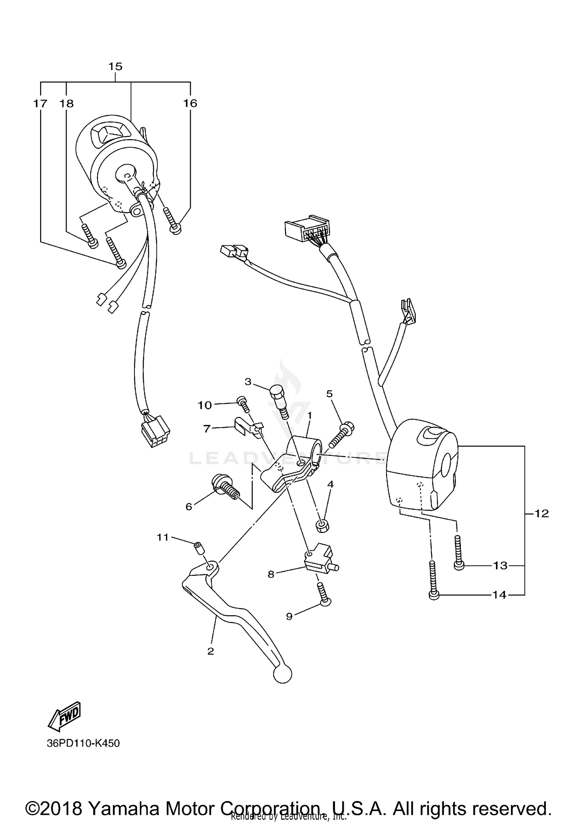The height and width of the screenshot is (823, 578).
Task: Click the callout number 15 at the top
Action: click(x=115, y=66)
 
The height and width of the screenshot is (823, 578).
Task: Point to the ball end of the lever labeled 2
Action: click(x=282, y=674)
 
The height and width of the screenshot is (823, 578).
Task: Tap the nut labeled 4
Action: click(x=322, y=526)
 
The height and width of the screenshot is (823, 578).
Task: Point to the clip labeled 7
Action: click(x=247, y=428)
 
